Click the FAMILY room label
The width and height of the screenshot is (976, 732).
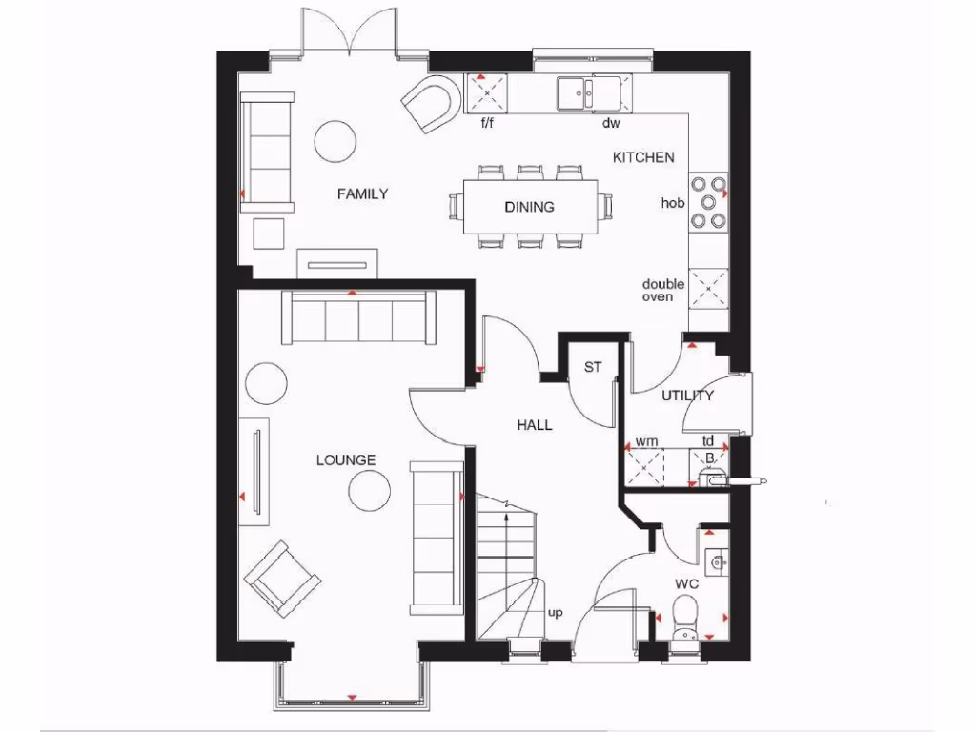pyautogui.click(x=362, y=194)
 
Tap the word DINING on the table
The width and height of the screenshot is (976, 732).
pyautogui.click(x=529, y=207)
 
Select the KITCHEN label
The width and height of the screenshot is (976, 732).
pyautogui.click(x=643, y=157)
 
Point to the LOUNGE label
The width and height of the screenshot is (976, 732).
pyautogui.click(x=346, y=460)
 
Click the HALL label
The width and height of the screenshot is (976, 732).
pyautogui.click(x=535, y=425)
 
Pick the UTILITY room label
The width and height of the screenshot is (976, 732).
pyautogui.click(x=688, y=396)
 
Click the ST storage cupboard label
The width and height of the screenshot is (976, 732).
pyautogui.click(x=593, y=367)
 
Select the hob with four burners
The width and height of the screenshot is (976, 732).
pyautogui.click(x=708, y=202)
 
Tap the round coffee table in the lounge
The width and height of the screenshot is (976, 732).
pyautogui.click(x=369, y=493)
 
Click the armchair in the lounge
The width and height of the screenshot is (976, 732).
pyautogui.click(x=281, y=579)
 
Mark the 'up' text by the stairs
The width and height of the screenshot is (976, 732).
pyautogui.click(x=555, y=613)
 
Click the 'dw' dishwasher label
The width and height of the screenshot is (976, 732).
pyautogui.click(x=611, y=123)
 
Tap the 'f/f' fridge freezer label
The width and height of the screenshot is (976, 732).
pyautogui.click(x=489, y=123)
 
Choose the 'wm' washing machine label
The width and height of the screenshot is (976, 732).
pyautogui.click(x=645, y=442)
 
